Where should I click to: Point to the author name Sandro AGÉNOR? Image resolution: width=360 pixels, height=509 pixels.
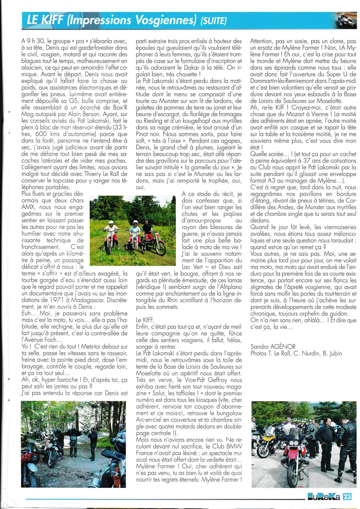tap(273, 346)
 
